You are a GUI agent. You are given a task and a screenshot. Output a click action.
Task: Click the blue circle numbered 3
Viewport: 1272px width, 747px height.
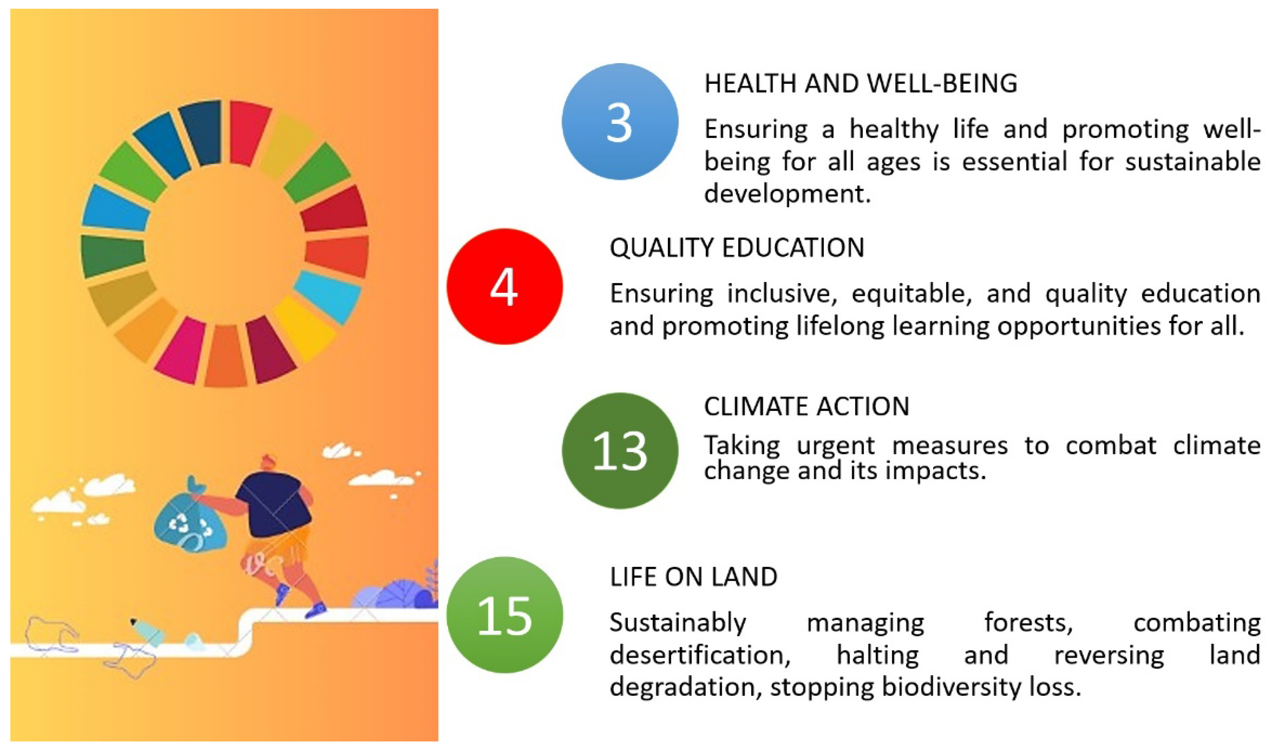coord(620,121)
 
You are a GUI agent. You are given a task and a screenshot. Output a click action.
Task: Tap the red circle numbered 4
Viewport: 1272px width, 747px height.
coord(504,287)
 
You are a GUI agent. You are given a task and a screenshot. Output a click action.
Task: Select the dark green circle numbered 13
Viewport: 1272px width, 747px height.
coord(620,451)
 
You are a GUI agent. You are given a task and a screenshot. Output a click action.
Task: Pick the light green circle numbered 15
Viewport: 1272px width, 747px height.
coord(504,615)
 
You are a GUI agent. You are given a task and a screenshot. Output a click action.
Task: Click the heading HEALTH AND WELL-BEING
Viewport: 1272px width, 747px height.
coord(860,84)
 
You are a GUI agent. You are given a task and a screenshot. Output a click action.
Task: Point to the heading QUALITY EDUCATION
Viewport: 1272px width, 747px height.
coord(737,248)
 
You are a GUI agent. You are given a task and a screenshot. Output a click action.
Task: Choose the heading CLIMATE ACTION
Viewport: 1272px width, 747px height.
coord(806,406)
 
